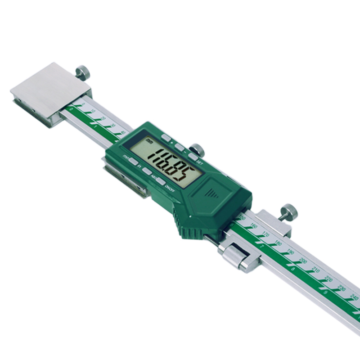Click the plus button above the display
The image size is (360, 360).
pyautogui.click(x=166, y=138)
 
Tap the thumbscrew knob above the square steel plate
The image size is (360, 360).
pyautogui.click(x=82, y=72)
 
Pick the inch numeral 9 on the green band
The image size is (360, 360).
pyautogui.click(x=325, y=292)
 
